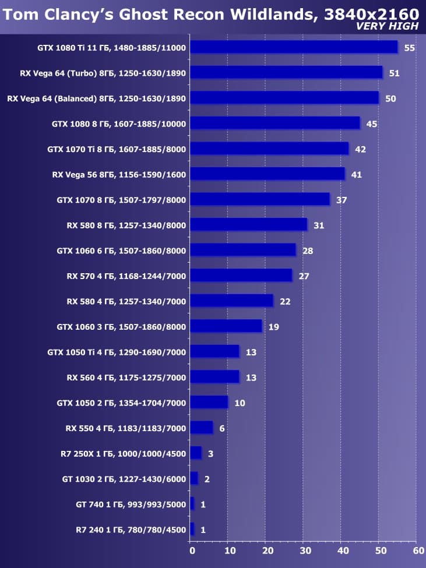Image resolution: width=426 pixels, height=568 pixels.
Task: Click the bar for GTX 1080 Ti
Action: tap(294, 47)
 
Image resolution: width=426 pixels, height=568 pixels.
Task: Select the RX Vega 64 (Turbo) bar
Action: tap(286, 72)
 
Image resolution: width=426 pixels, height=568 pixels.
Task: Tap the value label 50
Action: tap(390, 98)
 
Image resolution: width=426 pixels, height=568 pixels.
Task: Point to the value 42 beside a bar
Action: tap(360, 149)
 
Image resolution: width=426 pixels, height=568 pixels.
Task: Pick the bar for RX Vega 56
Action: tap(267, 174)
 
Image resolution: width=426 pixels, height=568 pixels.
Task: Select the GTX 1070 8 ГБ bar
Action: tap(260, 199)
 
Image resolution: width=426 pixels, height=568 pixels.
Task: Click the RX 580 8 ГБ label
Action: tap(126, 225)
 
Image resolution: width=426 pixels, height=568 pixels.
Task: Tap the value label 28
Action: tap(308, 251)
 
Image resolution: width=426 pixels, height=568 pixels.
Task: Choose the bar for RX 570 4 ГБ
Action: tap(241, 276)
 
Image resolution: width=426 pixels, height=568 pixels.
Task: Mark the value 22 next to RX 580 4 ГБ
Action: tap(285, 301)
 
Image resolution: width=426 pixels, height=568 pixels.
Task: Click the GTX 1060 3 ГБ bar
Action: tap(226, 326)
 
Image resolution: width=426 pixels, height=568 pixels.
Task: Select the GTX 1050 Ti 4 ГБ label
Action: tap(117, 352)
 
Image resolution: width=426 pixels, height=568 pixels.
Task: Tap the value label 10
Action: tap(240, 403)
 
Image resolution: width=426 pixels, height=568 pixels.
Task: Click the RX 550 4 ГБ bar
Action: tap(202, 428)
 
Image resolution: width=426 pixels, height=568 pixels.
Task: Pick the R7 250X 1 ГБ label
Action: tap(123, 454)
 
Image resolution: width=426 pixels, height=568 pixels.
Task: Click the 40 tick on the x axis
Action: tap(342, 549)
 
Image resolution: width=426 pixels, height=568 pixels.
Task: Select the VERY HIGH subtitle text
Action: tap(387, 26)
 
